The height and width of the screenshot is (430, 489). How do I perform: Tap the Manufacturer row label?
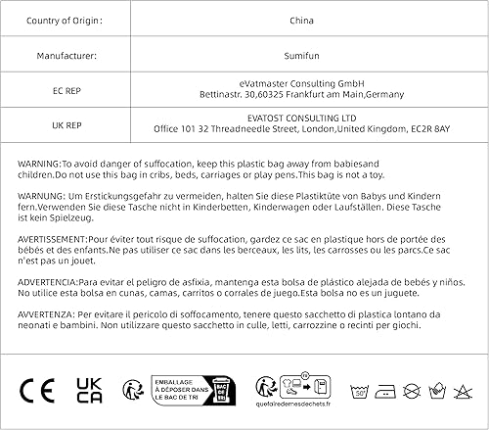coord(65,58)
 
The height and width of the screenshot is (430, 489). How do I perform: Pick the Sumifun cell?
coord(301,58)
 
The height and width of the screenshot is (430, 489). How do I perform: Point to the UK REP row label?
coord(65,126)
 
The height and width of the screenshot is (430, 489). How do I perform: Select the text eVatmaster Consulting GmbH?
coord(301,84)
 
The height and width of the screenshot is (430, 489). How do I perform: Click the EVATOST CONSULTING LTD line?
coord(301,119)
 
